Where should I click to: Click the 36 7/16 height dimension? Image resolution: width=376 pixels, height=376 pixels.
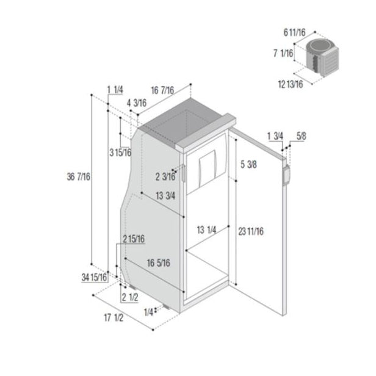[x=78, y=177]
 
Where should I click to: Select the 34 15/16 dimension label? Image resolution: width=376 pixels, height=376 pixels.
[x=94, y=278]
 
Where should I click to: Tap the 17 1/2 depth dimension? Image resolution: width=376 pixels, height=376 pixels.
[x=114, y=318]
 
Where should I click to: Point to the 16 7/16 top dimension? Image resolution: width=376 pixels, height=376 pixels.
[x=162, y=90]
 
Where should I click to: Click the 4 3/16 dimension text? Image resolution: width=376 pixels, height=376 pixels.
[x=137, y=103]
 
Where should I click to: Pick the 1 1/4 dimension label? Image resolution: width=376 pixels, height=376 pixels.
[x=115, y=90]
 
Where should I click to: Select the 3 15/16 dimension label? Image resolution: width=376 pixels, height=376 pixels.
[x=120, y=152]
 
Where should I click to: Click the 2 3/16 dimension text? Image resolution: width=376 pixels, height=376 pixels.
[x=165, y=177]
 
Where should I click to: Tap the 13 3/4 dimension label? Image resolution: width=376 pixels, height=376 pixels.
[x=165, y=196]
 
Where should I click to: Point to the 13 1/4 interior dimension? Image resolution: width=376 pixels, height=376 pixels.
[x=206, y=230]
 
